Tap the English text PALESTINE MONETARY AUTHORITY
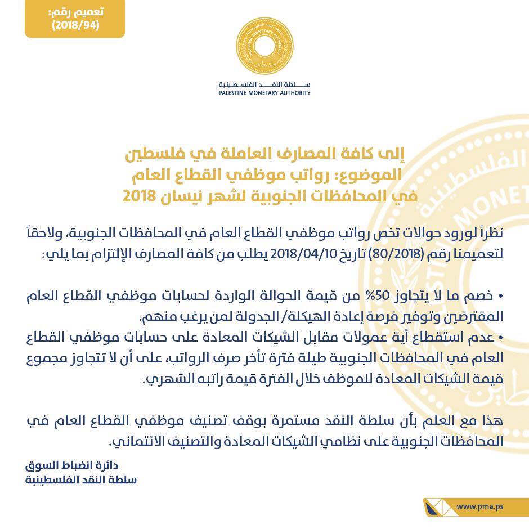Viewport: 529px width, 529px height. (x=264, y=93)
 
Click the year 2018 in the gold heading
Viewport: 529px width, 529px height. (x=135, y=197)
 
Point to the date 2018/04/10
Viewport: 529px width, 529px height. (x=302, y=253)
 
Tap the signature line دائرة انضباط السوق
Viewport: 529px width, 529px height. (x=74, y=466)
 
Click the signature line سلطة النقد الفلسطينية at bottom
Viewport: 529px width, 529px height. (x=82, y=480)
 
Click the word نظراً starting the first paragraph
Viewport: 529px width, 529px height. (x=485, y=234)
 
